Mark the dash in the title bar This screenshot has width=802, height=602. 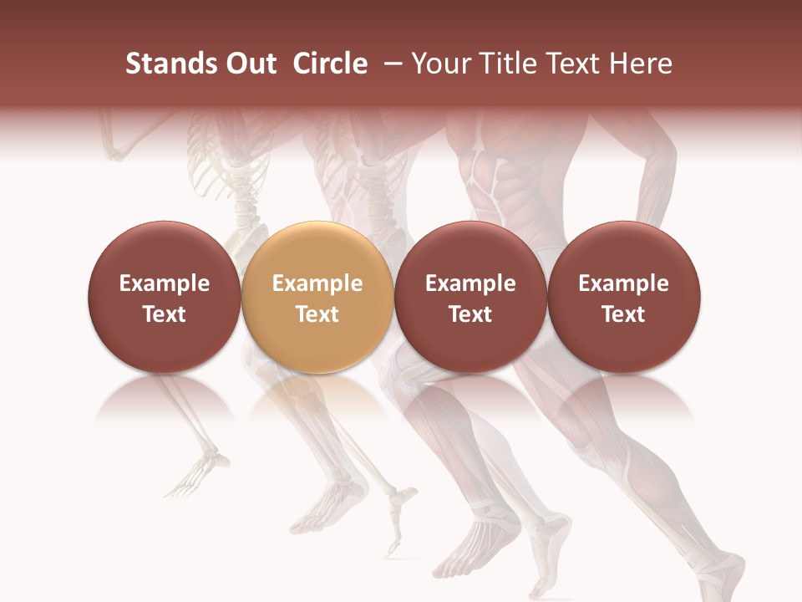(394, 64)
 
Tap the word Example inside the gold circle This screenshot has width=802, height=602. (317, 283)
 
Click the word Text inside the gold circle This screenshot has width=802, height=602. (317, 314)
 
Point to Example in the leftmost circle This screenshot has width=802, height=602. (164, 283)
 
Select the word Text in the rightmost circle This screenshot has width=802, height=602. (623, 314)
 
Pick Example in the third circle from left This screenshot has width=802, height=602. (470, 283)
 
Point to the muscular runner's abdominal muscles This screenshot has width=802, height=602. (493, 184)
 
